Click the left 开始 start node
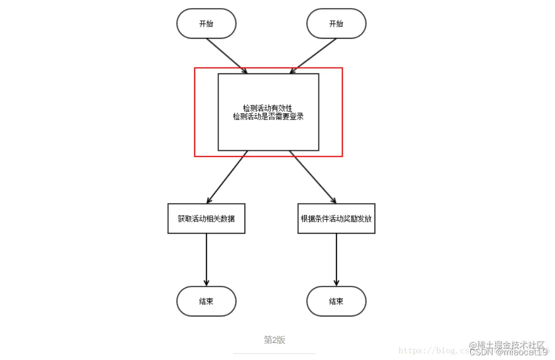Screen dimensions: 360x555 click(206, 24)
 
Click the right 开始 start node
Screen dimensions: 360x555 click(336, 24)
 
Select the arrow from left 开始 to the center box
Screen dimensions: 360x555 click(227, 56)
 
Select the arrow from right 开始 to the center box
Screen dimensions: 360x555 click(315, 56)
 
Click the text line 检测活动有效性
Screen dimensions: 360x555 click(268, 109)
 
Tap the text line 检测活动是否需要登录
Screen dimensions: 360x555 click(268, 117)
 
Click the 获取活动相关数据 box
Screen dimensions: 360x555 click(206, 219)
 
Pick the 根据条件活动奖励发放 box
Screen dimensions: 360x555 click(336, 219)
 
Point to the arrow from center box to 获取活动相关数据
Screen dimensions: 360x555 click(227, 177)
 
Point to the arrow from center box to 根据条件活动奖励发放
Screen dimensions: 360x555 click(313, 177)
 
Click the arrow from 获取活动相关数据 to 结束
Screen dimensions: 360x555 click(206, 259)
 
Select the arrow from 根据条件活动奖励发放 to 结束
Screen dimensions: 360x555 click(336, 259)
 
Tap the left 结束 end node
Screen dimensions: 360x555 click(206, 301)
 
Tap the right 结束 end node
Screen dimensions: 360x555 click(336, 301)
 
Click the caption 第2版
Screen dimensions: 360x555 click(274, 340)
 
